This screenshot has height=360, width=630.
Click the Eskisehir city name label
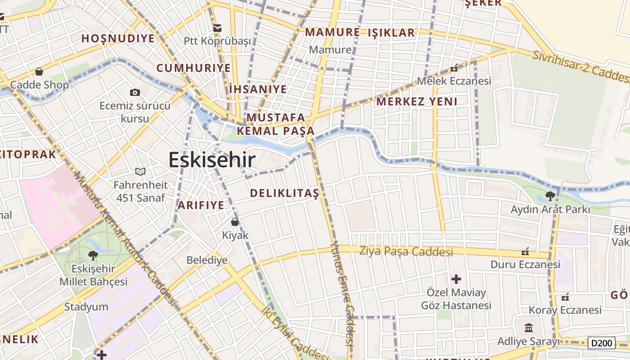coord(212,160)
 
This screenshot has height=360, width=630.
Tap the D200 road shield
coord(601,343)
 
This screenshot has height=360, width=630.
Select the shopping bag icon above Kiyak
coord(234,221)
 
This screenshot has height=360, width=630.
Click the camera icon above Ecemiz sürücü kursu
coord(135,92)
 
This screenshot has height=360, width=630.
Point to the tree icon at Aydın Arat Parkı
coord(550,196)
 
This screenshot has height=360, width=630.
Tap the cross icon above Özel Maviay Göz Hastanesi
coord(456,279)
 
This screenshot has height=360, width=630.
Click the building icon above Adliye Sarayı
coord(529,328)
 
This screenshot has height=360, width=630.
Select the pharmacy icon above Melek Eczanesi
coord(454,68)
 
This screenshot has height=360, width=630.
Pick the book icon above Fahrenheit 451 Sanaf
coord(140,171)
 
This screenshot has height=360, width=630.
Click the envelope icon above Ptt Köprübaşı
coord(217,28)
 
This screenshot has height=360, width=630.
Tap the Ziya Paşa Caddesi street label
coord(406,251)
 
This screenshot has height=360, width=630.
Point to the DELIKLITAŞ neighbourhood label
coord(284,193)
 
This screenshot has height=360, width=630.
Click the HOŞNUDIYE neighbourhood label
coord(118,38)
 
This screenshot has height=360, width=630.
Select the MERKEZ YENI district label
coord(417,101)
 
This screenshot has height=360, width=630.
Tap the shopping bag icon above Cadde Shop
coord(39,72)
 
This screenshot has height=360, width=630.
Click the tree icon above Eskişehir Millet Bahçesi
coord(93,255)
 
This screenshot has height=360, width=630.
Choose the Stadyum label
coord(86,307)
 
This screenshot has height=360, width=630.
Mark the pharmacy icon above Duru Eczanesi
coord(525,251)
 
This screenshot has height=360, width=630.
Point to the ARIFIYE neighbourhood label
coord(201,205)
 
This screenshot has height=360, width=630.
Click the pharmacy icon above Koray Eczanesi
coord(565,297)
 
